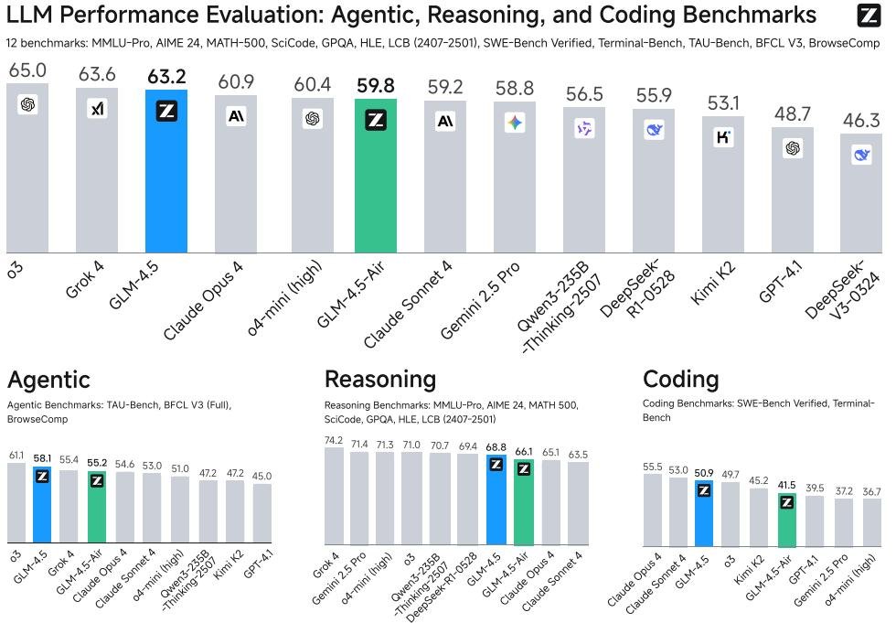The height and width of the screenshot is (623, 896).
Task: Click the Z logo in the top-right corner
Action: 869,16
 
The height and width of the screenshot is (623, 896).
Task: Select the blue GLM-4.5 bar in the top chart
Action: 166,171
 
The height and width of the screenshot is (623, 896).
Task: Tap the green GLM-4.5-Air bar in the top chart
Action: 376,176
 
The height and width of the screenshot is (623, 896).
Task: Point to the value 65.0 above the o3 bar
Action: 27,70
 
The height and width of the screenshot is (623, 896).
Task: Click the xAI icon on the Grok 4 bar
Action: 97,107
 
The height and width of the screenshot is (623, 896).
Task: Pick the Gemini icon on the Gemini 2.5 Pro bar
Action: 515,123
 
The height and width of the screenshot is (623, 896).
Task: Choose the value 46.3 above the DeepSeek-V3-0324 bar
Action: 861,120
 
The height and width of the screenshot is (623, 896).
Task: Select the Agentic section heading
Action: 48,380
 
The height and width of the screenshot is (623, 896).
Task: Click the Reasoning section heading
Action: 380,379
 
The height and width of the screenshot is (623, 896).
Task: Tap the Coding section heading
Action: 680,379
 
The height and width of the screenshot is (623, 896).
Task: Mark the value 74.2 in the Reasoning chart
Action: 334,440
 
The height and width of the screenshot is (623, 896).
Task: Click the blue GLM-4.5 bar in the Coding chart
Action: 704,513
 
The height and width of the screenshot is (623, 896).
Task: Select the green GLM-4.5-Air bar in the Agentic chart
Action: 97,507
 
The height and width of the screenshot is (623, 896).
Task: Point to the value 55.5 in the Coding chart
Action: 653,467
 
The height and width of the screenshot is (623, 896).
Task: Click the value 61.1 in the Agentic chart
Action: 16,456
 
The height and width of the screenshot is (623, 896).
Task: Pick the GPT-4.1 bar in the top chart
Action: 793,189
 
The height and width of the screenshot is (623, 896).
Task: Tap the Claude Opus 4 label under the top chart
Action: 203,301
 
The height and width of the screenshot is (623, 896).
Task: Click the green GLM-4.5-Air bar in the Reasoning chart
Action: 523,502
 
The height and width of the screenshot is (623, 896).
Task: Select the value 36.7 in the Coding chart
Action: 871,491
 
